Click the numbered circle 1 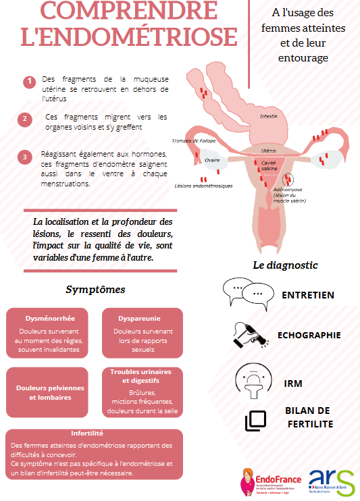pos(28,82)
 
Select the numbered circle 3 pos(25,157)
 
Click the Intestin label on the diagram pos(268,116)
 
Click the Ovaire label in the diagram pos(212,160)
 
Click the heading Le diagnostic pos(285,265)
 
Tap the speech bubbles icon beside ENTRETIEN pos(245,292)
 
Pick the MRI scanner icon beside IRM pos(249,381)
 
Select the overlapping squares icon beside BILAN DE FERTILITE pos(256,420)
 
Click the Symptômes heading pos(95,290)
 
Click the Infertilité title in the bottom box pos(92,433)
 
